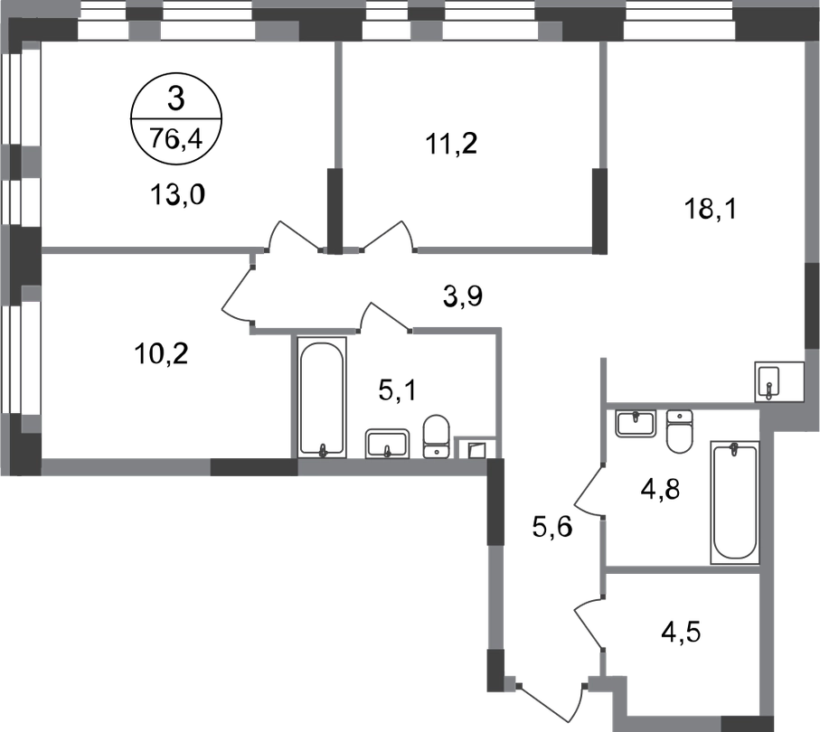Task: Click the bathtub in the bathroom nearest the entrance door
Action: click(733, 502)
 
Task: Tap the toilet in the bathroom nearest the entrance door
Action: click(678, 431)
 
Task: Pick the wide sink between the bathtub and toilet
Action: click(388, 441)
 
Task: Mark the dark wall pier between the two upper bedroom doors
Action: click(335, 210)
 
